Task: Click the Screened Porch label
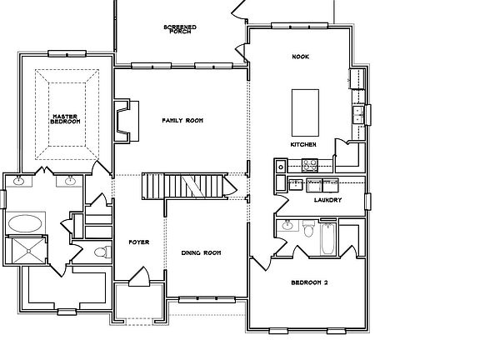180,29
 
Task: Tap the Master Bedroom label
65,119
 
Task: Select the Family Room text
182,121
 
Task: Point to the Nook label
301,57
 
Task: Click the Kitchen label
303,144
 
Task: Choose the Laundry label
327,200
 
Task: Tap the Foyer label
139,242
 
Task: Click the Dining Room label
201,252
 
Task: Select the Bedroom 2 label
309,282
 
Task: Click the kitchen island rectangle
305,112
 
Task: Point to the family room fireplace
126,120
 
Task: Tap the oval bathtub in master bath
25,223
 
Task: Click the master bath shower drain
29,251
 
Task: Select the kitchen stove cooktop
310,165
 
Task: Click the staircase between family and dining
185,186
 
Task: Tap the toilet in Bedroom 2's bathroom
308,228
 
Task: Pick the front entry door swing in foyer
140,277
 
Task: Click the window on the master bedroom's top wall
67,54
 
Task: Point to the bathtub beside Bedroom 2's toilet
327,239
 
